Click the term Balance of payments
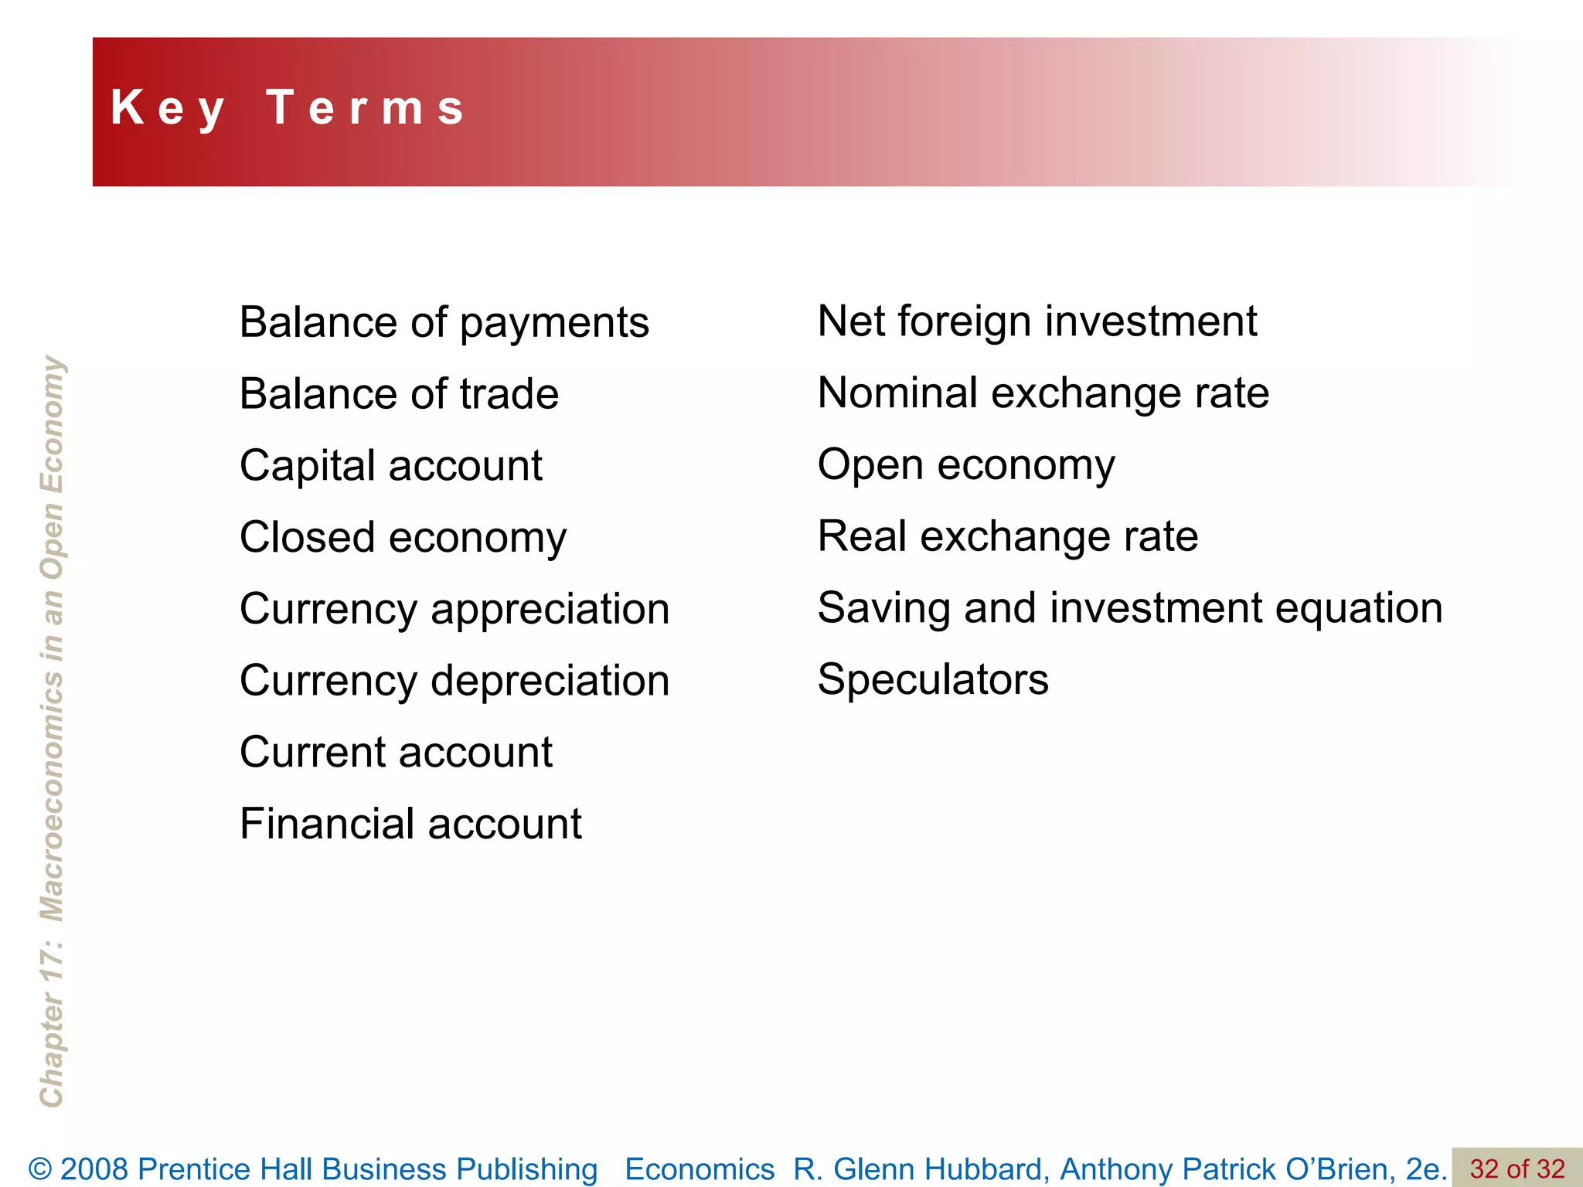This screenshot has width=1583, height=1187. click(x=444, y=322)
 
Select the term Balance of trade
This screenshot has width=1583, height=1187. click(x=399, y=394)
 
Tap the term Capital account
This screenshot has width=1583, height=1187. click(x=391, y=466)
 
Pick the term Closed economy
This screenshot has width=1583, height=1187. click(x=403, y=538)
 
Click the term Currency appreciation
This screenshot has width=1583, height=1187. click(x=454, y=610)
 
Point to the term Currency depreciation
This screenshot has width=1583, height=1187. click(x=454, y=681)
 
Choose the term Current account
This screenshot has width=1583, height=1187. click(x=396, y=753)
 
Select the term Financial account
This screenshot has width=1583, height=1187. click(x=410, y=824)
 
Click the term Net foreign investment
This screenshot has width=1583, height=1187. click(x=1037, y=321)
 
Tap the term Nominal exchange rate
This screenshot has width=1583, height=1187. click(x=1043, y=393)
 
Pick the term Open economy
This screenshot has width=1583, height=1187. click(x=966, y=465)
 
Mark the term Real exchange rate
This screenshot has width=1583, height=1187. click(x=1008, y=536)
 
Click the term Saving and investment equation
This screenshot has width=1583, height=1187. click(x=1130, y=608)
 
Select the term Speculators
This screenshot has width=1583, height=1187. click(x=933, y=680)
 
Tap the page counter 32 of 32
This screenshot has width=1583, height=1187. click(x=1517, y=1168)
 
